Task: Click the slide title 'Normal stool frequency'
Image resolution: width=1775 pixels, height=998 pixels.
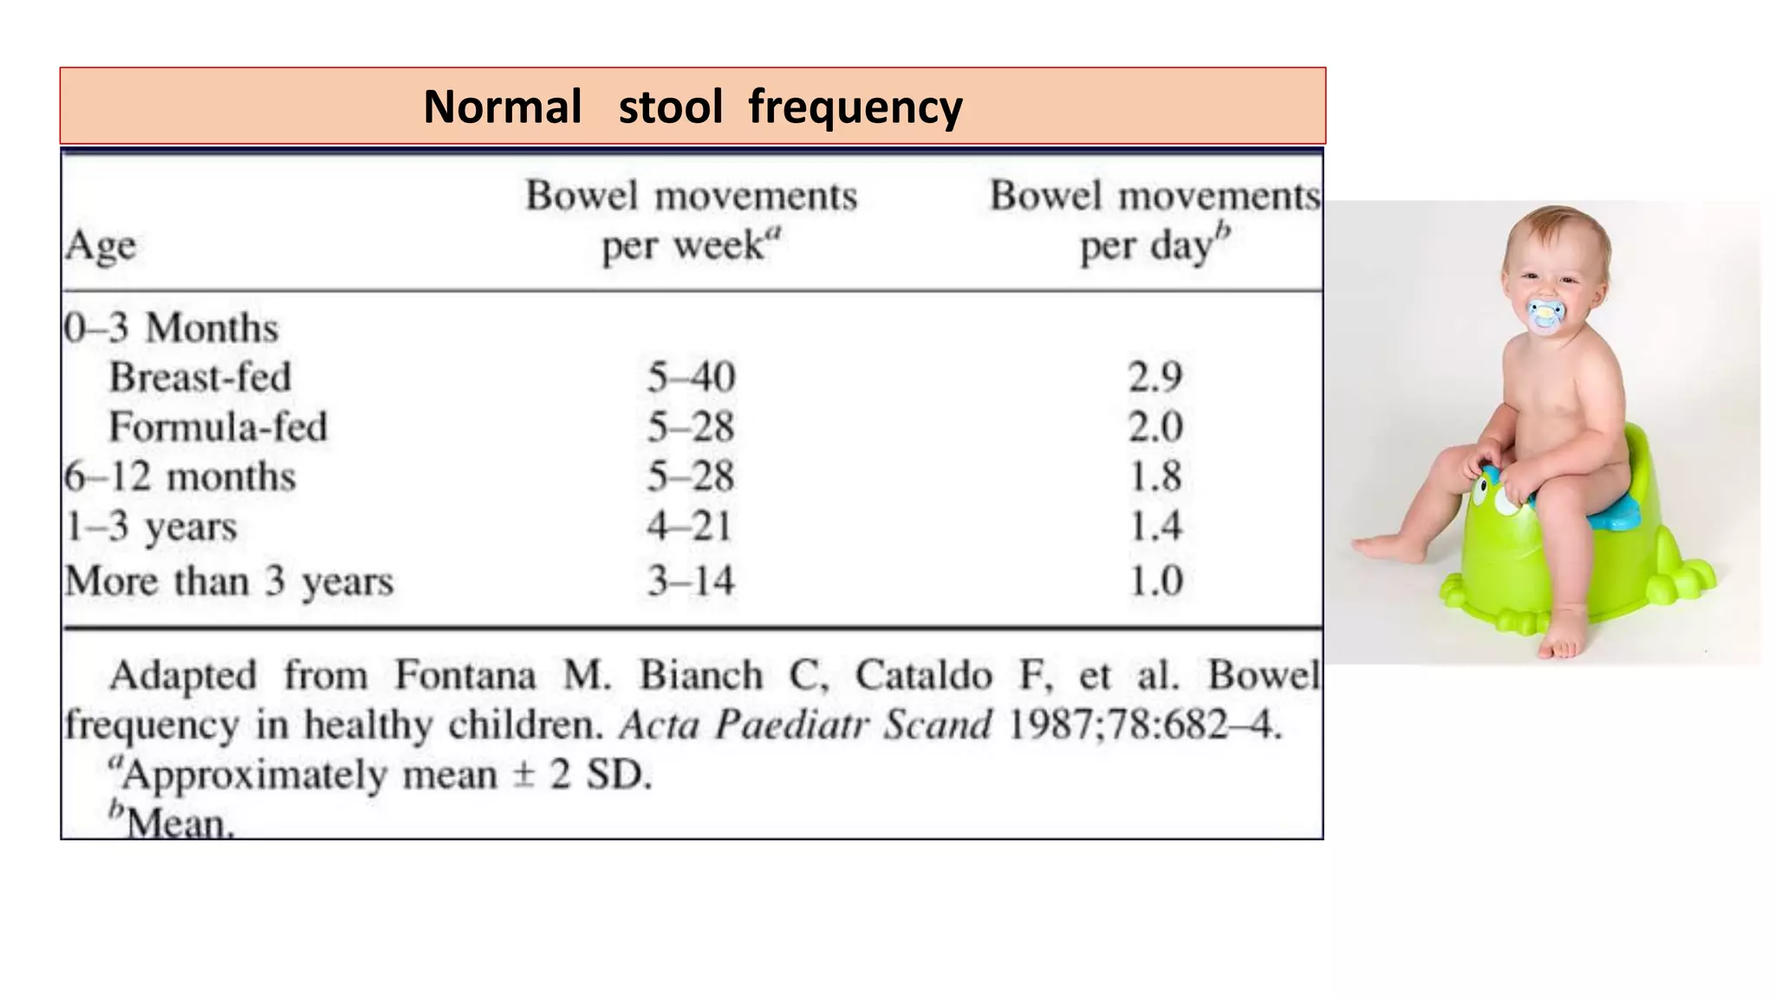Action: click(692, 107)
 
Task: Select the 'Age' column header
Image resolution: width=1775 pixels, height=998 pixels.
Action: click(101, 246)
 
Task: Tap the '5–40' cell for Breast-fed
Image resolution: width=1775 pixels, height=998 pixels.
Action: click(691, 377)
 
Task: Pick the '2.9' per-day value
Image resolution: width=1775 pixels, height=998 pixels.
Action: click(1155, 377)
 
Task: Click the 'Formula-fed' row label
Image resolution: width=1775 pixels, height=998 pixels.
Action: click(218, 427)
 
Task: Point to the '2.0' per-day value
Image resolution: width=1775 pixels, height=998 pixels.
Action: click(1155, 427)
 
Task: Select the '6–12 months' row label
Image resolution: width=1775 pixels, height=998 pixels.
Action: click(180, 476)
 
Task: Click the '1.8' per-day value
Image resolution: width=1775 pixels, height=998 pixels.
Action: click(1155, 476)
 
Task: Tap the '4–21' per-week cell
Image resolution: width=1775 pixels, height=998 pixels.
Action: click(690, 526)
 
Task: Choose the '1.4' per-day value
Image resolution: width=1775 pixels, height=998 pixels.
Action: click(1155, 526)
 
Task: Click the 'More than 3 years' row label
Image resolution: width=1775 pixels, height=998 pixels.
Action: click(229, 580)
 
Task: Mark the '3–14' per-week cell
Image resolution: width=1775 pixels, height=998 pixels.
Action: click(691, 580)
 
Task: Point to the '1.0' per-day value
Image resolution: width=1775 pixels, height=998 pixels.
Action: click(1155, 580)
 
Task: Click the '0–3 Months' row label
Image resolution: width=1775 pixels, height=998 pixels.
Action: click(171, 327)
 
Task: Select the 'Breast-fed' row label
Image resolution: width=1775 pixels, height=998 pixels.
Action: click(200, 377)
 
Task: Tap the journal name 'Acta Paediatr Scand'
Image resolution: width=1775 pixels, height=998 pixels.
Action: click(805, 725)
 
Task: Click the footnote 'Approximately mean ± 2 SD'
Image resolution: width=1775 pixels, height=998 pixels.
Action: click(381, 774)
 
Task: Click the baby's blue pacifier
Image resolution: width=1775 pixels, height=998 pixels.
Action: click(1545, 315)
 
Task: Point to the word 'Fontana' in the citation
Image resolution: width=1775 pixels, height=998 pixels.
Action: click(465, 676)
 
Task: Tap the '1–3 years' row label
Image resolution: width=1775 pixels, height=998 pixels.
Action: click(152, 526)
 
